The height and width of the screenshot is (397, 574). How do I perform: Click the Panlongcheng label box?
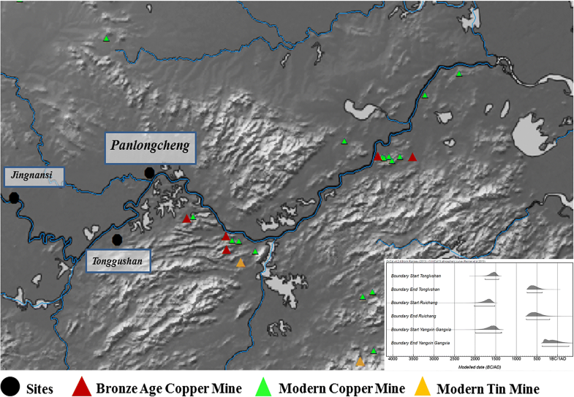click(150, 146)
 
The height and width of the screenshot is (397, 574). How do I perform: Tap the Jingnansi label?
click(34, 176)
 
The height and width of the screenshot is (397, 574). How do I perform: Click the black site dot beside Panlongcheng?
click(149, 173)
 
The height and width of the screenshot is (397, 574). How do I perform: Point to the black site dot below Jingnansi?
click(13, 197)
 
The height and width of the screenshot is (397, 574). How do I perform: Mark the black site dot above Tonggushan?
click(117, 239)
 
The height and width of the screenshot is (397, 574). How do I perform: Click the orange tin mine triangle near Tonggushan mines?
click(241, 263)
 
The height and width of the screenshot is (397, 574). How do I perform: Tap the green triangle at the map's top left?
click(107, 39)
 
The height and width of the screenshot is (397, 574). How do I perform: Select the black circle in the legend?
click(11, 385)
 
